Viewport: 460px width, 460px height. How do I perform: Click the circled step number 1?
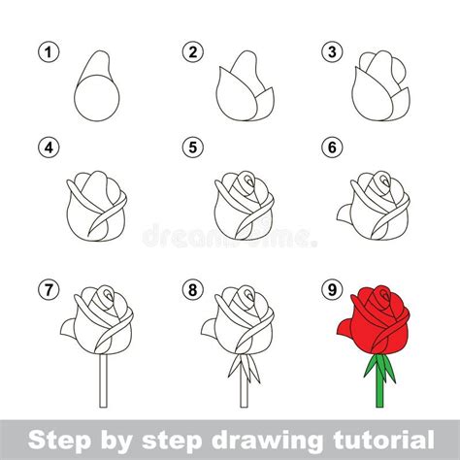click(x=44, y=51)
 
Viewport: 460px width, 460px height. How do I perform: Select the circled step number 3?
click(x=333, y=51)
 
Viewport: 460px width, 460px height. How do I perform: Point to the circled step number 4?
click(x=44, y=148)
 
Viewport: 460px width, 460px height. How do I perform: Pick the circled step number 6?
click(x=333, y=148)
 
